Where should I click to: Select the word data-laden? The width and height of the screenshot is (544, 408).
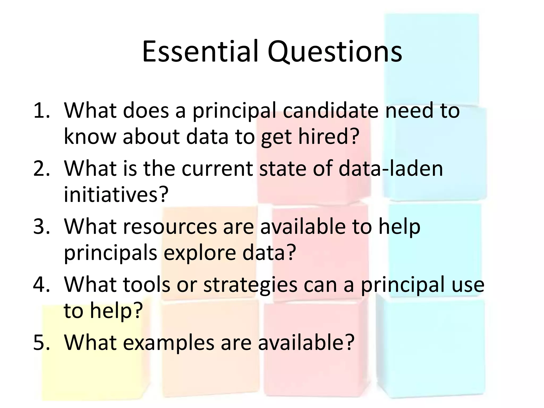(391, 168)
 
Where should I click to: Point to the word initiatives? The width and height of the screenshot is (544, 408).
(116, 194)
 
